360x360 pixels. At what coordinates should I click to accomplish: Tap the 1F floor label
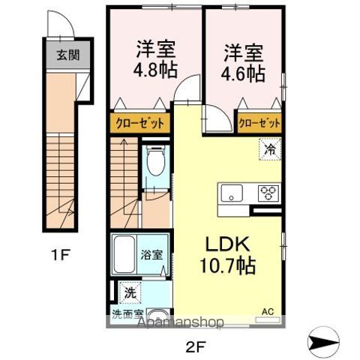coord(60,255)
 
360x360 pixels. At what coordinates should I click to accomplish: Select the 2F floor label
coord(196,347)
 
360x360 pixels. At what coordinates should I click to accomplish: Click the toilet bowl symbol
coord(157,160)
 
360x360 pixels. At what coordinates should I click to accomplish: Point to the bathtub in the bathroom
coord(124,254)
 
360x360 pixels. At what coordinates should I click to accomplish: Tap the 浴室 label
coord(151,255)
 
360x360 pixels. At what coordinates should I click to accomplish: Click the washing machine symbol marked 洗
coord(130,292)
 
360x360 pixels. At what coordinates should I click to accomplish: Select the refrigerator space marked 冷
coord(270,149)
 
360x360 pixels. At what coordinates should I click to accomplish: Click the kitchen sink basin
coord(232,193)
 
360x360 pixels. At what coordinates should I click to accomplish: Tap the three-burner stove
coord(268,193)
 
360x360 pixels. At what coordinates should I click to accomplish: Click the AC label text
coord(268,312)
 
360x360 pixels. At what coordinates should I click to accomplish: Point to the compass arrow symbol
coord(323,341)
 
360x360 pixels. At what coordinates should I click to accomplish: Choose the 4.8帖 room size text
coord(154,70)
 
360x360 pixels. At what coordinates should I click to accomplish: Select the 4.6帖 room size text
coord(242,73)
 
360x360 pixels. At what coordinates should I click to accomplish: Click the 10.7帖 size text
coord(228,265)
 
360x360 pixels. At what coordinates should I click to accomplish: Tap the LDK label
coord(227,244)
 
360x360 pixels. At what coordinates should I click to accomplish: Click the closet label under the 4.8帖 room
coord(140,123)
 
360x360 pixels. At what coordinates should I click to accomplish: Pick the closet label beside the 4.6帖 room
coord(259,123)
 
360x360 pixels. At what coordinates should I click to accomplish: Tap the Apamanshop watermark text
coord(180,322)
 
